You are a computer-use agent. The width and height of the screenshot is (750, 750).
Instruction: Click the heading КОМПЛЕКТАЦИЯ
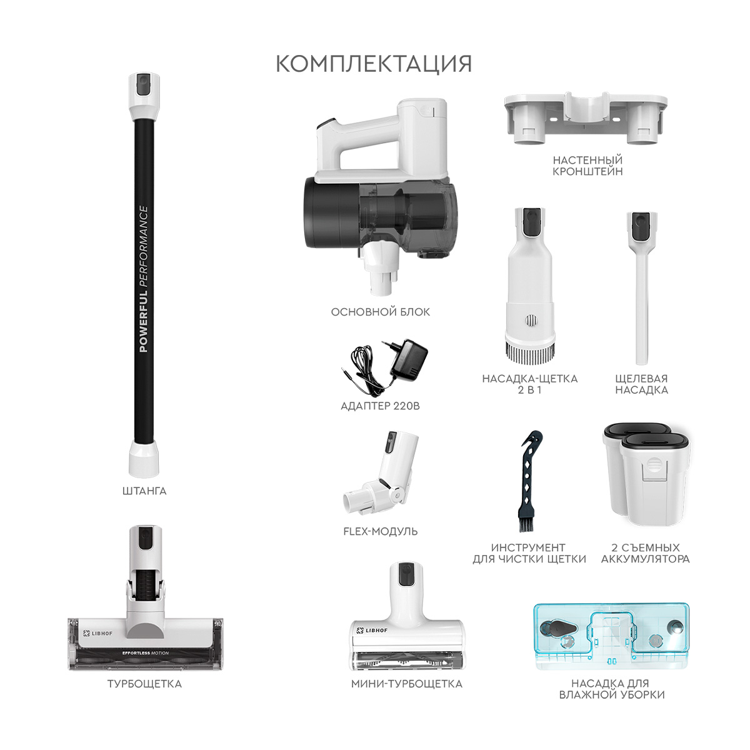pyautogui.click(x=374, y=64)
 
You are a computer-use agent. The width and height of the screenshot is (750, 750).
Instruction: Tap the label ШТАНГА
pyautogui.click(x=144, y=491)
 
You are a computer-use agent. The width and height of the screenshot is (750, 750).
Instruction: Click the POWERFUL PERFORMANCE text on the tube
pyautogui.click(x=144, y=279)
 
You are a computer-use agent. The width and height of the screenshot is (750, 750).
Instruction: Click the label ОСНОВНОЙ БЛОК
pyautogui.click(x=381, y=312)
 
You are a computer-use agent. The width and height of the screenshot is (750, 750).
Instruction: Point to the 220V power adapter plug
pyautogui.click(x=409, y=359)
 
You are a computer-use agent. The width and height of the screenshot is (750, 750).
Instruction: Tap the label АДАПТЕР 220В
pyautogui.click(x=381, y=406)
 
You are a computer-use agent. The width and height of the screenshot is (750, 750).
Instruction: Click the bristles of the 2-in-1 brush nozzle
pyautogui.click(x=529, y=352)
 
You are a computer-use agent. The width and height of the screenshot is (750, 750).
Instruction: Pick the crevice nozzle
pyautogui.click(x=642, y=287)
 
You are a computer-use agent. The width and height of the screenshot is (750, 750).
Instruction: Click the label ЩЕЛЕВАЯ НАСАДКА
pyautogui.click(x=642, y=384)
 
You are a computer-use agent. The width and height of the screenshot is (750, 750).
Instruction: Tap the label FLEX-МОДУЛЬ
pyautogui.click(x=381, y=531)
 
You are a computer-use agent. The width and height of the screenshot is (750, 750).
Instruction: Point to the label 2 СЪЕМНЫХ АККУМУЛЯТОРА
pyautogui.click(x=646, y=553)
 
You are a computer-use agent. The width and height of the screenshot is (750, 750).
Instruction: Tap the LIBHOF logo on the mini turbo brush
pyautogui.click(x=372, y=631)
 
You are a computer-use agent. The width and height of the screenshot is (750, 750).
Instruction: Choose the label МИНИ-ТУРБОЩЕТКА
pyautogui.click(x=407, y=684)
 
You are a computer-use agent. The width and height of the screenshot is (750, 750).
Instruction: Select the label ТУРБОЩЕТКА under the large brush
pyautogui.click(x=144, y=684)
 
